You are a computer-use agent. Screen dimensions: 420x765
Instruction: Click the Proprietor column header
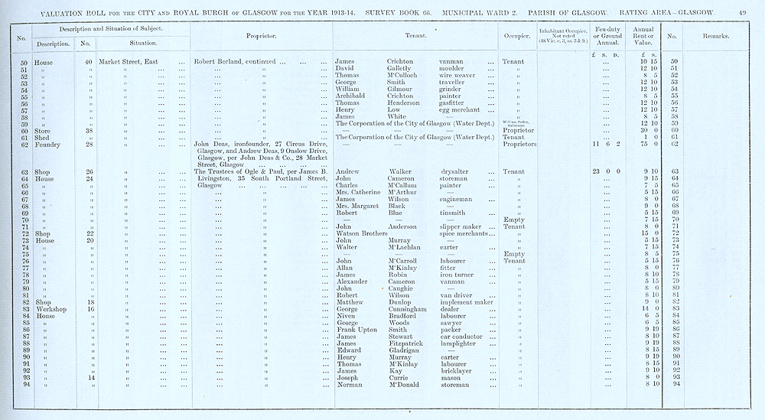tap(261, 36)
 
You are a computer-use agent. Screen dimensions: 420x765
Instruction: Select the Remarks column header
tap(713, 36)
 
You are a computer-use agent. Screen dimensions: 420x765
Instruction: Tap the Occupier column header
tap(513, 36)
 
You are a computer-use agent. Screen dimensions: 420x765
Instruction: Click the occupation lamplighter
tap(461, 343)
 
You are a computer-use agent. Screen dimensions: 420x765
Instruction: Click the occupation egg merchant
tap(463, 109)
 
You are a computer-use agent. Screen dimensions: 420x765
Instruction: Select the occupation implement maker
tap(467, 301)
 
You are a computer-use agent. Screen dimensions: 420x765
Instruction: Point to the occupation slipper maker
tap(463, 226)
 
